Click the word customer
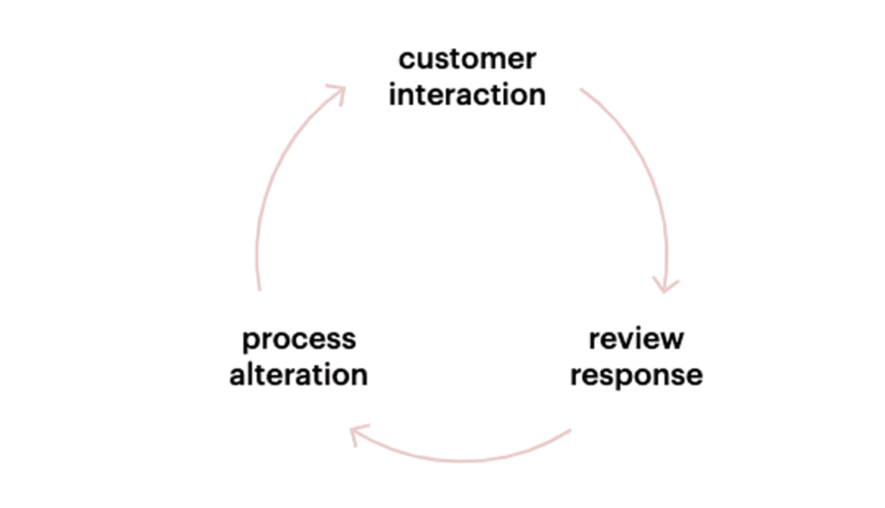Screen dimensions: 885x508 click(468, 60)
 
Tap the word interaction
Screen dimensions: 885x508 click(468, 94)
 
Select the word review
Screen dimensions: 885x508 click(636, 339)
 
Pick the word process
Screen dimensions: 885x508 click(299, 340)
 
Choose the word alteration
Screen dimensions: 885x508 click(298, 374)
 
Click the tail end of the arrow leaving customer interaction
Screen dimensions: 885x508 click(581, 89)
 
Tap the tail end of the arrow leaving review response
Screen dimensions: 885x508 click(570, 430)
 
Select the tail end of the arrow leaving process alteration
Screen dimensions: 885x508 click(259, 290)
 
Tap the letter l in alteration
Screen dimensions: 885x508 click(248, 374)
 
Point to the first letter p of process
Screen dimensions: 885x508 click(250, 343)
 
